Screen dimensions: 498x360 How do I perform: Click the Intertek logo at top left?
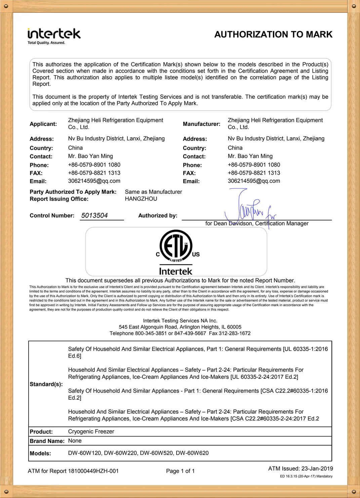click(54, 36)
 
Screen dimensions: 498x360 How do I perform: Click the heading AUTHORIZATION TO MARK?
click(273, 35)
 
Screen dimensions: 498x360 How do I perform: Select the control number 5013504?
click(94, 216)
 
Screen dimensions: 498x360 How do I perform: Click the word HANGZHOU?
click(141, 199)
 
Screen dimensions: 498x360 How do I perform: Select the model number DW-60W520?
click(156, 453)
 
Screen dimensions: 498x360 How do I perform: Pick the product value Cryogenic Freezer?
click(91, 432)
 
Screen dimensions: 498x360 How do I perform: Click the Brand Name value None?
click(75, 441)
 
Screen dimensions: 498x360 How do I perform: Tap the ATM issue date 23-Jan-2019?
click(317, 468)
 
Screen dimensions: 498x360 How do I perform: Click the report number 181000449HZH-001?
click(93, 471)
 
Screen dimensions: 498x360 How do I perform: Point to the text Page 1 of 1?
click(180, 471)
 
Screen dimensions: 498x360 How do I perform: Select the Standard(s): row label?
click(46, 384)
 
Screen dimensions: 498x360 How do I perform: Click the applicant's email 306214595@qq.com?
click(94, 181)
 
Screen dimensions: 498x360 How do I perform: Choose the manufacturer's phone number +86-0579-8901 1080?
click(254, 165)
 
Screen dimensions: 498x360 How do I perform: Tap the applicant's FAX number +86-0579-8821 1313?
click(94, 173)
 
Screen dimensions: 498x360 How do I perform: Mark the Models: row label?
click(40, 453)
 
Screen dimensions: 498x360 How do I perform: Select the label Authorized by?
click(158, 216)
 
